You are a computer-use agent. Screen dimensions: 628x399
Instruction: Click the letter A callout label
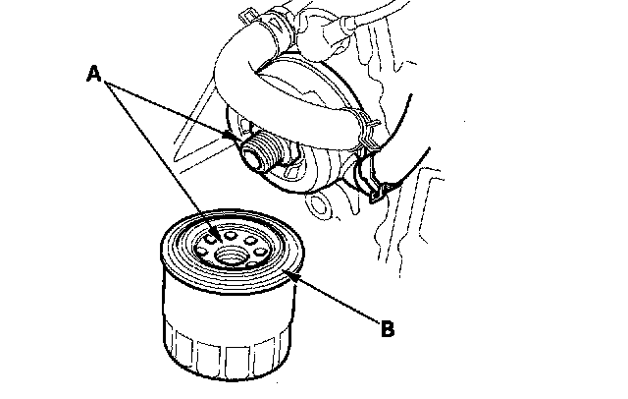pos(94,74)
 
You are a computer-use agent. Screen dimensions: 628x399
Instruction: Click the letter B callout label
pos(388,329)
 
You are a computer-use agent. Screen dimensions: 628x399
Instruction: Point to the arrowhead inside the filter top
pos(217,236)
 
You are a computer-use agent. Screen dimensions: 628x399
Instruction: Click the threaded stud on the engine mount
pos(264,150)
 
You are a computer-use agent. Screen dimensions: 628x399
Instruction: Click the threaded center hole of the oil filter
pos(230,256)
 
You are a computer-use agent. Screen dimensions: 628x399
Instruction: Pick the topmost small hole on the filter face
pos(230,235)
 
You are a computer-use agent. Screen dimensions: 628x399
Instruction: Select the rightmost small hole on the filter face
pos(261,253)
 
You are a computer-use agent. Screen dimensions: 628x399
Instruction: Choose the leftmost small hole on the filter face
pos(202,252)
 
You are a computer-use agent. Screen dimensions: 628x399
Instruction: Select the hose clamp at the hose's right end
pos(365,133)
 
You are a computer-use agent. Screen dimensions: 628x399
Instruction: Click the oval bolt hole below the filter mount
pos(319,205)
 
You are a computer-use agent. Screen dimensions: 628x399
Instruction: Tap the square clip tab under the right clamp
pos(378,194)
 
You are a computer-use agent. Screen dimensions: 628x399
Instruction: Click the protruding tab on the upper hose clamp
pos(246,17)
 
